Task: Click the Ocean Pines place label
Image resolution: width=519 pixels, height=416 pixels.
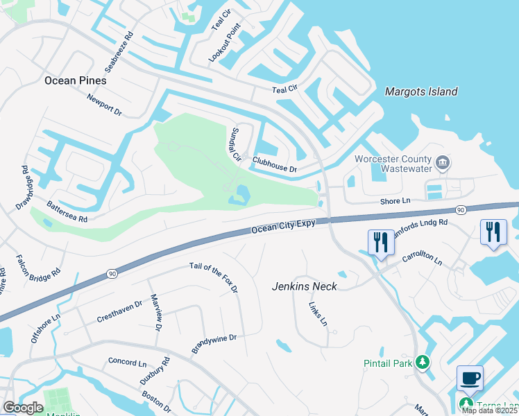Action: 76,80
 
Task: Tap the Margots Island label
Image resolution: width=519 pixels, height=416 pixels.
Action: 421,92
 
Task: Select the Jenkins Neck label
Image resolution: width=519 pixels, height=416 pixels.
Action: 305,286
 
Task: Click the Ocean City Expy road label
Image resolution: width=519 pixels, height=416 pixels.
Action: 283,227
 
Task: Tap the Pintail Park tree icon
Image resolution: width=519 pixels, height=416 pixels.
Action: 421,363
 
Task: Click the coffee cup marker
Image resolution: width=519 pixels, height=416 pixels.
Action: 470,379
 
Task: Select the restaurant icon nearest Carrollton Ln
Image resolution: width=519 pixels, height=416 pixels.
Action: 381,242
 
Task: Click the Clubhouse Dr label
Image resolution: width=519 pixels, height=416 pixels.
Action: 275,164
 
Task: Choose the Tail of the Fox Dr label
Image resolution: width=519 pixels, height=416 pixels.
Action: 214,277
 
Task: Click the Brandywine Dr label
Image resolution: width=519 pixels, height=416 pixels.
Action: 214,343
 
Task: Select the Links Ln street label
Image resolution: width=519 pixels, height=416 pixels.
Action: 318,312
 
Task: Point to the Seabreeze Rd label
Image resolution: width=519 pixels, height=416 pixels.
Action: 119,51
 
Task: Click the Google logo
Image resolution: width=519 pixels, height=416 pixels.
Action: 23,407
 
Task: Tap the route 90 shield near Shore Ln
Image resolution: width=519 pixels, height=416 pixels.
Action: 461,210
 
